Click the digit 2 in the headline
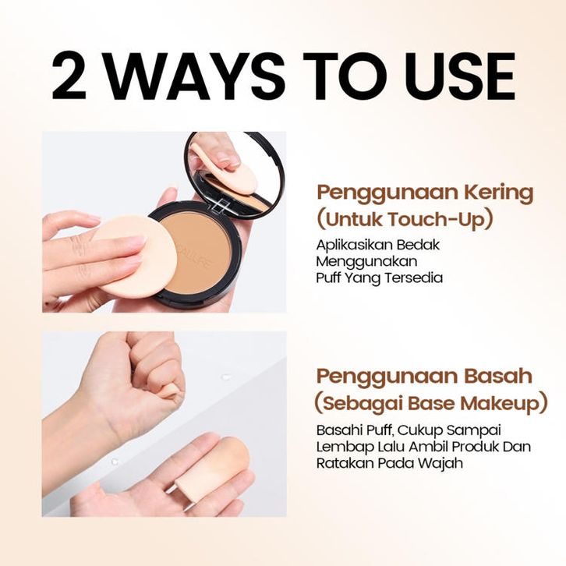coord(69,76)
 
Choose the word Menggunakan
coord(366,262)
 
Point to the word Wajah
coord(442,463)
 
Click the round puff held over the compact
coord(133,256)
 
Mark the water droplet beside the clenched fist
coord(227,377)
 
